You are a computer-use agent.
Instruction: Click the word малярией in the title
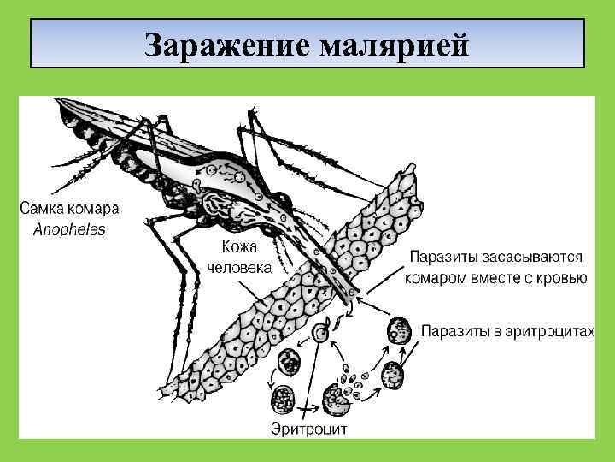[394, 44]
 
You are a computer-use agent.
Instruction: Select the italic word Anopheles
[70, 229]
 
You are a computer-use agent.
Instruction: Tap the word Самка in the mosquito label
[44, 209]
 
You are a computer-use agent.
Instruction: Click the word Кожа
[240, 246]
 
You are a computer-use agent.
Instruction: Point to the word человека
[240, 267]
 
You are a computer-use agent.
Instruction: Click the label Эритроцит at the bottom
[308, 428]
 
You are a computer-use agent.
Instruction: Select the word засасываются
[529, 257]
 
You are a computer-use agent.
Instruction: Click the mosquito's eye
[281, 205]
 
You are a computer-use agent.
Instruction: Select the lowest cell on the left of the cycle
[281, 399]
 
